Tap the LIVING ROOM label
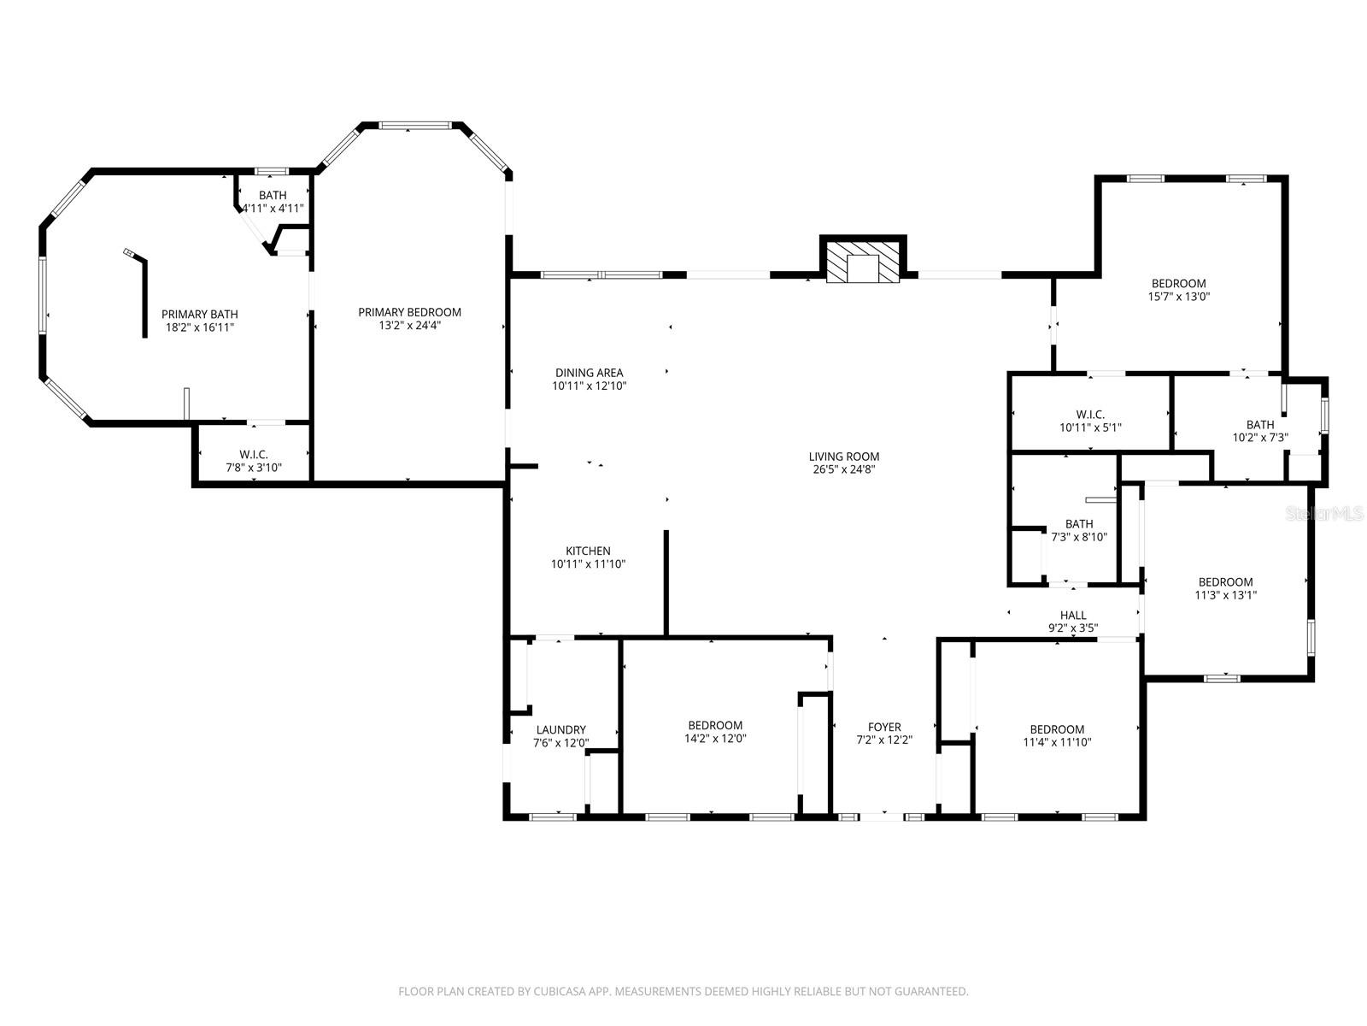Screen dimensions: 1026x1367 tap(843, 457)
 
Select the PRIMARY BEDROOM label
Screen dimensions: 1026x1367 tap(409, 312)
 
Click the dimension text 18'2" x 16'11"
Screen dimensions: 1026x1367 tap(199, 327)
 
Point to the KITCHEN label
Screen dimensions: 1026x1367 tap(588, 551)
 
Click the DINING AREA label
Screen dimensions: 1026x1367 tap(589, 373)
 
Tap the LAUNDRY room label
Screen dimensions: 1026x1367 tap(560, 729)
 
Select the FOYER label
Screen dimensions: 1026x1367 tap(884, 727)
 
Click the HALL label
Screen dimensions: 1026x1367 tap(1073, 615)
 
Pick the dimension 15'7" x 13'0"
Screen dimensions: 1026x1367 tap(1178, 298)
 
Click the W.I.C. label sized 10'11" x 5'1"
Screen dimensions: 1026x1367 tap(1090, 415)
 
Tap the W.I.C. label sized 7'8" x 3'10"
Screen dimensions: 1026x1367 tap(253, 454)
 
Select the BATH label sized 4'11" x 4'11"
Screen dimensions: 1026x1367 tap(273, 196)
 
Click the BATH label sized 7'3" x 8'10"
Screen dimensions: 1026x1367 tap(1079, 524)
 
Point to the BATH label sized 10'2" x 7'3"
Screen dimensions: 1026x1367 tap(1259, 424)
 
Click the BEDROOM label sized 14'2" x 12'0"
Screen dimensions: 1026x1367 tap(715, 725)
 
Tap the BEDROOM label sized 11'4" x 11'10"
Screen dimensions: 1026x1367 tap(1057, 729)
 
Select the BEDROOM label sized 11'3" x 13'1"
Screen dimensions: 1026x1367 tap(1225, 581)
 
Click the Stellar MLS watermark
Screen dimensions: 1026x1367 tap(1331, 513)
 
